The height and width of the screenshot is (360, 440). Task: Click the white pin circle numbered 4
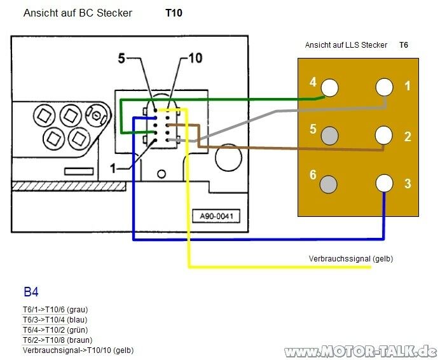[x=329, y=87]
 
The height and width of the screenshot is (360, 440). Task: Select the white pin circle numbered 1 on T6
[x=384, y=87]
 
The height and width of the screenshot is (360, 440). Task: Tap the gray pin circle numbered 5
[x=329, y=135]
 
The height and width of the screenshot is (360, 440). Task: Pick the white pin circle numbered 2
[x=384, y=135]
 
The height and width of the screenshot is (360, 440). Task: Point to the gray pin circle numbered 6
[x=329, y=183]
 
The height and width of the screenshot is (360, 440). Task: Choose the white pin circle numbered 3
[x=384, y=183]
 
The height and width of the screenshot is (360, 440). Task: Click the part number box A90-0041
[x=217, y=216]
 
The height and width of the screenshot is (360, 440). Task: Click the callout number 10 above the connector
[x=195, y=59]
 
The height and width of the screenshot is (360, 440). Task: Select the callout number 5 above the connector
[x=121, y=59]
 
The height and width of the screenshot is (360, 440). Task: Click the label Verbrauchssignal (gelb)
[x=350, y=259]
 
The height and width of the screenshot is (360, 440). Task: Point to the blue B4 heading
[x=31, y=293]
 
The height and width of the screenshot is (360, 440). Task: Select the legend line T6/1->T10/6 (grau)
[x=55, y=310]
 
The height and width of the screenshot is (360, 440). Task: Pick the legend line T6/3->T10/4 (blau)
[x=55, y=320]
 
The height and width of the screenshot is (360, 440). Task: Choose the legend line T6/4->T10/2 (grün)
[x=55, y=330]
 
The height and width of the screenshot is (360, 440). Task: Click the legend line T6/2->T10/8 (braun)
[x=57, y=340]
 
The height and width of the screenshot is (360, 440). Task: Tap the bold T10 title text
[x=174, y=13]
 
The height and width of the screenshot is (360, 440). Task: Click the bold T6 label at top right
[x=404, y=45]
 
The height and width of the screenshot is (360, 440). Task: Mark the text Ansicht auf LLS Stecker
[x=346, y=45]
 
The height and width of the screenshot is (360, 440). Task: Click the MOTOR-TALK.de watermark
[x=361, y=352]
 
